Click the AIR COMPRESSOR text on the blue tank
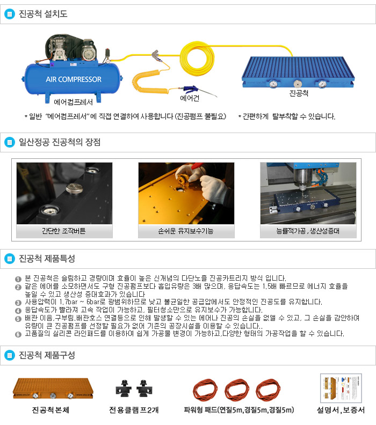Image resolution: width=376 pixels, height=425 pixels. point(74,79)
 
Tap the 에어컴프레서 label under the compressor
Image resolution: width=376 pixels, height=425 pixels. point(73,102)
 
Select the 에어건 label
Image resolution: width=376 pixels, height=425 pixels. point(190,98)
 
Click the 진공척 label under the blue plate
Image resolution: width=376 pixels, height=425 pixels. point(299,93)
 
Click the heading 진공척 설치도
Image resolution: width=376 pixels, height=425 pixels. point(43,14)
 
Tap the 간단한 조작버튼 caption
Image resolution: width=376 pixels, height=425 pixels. point(64,231)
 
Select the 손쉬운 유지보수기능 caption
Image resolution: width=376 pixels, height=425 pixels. point(186,231)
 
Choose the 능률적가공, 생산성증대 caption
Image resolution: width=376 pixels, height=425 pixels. point(308,231)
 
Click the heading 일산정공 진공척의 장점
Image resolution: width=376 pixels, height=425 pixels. point(60,142)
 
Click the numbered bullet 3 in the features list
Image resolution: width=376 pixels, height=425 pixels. point(18,303)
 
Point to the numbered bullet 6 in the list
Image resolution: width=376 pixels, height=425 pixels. point(18,334)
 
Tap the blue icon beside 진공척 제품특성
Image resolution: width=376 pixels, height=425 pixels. point(10,259)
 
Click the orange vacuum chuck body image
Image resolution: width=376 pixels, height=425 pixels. point(53,389)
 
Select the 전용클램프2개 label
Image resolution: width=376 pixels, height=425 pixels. point(134,410)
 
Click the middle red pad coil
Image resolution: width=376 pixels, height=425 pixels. point(237,390)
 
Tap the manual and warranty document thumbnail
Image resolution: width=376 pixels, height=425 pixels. point(341,388)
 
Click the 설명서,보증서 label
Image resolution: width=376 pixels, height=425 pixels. point(341,410)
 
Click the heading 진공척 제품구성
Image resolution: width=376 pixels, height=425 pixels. point(47,355)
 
